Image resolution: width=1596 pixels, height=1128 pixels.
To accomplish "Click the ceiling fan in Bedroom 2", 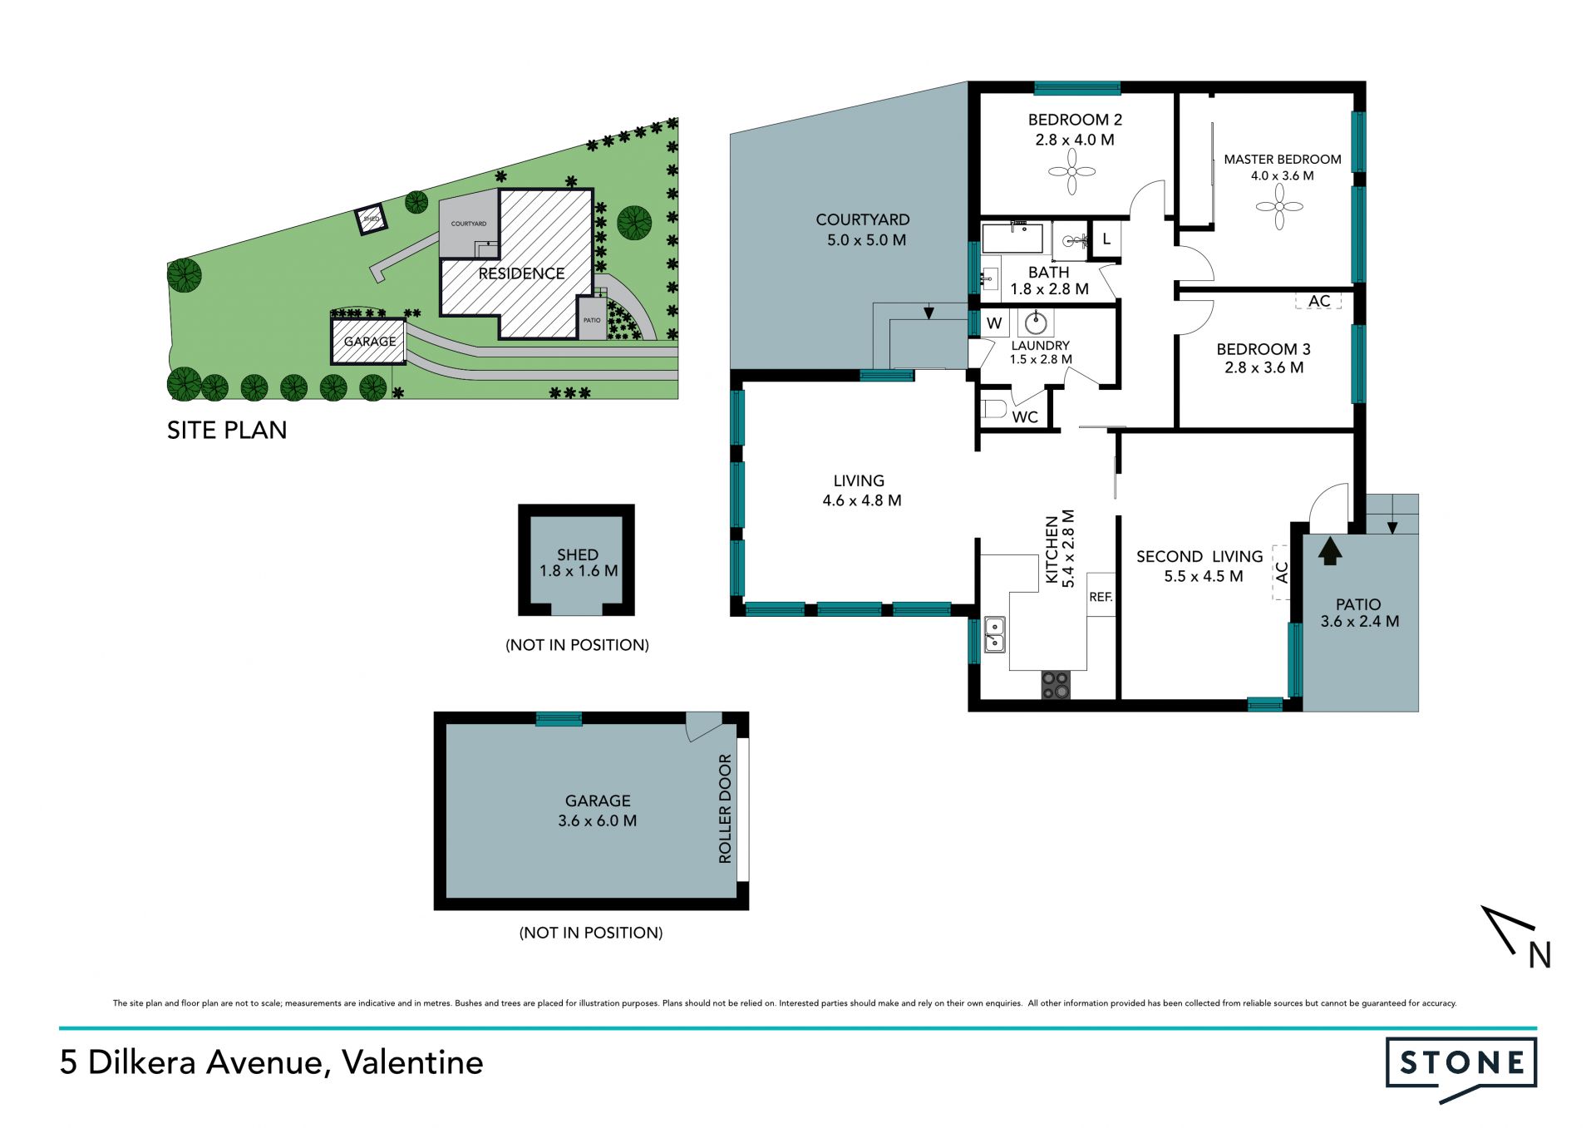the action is (x=1071, y=172).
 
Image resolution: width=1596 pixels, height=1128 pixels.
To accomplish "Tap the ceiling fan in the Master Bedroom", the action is (x=1279, y=206).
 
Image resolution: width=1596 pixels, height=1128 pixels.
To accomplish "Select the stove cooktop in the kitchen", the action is (x=1056, y=685).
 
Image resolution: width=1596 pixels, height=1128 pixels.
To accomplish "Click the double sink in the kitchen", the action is (x=995, y=634).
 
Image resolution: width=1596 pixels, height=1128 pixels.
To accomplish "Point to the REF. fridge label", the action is (x=1101, y=597).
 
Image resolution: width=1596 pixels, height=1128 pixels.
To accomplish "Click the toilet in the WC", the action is (x=994, y=409).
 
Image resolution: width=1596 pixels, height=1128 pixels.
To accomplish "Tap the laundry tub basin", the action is (x=1036, y=323).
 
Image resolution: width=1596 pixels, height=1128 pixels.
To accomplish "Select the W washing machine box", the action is (x=994, y=323).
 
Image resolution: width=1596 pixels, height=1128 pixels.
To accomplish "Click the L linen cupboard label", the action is (x=1106, y=239).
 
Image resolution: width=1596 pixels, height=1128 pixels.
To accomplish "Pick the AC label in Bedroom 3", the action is (x=1319, y=301).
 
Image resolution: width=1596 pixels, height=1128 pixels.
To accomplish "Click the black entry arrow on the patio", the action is (x=1330, y=551).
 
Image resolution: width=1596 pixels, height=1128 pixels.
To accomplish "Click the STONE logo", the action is (x=1461, y=1067).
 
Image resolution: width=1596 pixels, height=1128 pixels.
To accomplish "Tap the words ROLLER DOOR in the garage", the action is (x=725, y=808).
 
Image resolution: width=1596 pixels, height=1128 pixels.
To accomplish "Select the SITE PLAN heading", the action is (x=227, y=430).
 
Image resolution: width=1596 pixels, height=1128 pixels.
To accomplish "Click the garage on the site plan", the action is (x=368, y=342).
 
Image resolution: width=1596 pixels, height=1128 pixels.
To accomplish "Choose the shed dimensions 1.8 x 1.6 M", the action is (x=579, y=571).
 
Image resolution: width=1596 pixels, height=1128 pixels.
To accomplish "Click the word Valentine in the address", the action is (x=412, y=1062).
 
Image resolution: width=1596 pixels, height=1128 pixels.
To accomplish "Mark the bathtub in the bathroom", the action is (x=1013, y=238).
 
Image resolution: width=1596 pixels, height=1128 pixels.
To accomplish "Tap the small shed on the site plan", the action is (x=371, y=219).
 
